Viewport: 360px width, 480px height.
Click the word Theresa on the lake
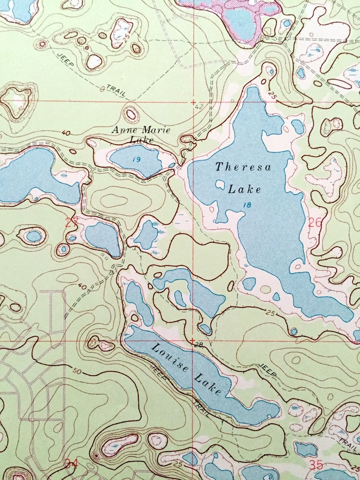(243, 167)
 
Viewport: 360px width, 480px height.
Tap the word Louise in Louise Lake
(168, 358)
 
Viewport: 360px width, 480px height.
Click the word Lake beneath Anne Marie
(141, 140)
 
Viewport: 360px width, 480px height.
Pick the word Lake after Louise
(208, 383)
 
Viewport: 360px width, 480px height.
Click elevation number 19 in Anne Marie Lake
(136, 160)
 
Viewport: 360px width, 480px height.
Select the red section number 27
(72, 222)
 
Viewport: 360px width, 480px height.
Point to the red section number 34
(71, 463)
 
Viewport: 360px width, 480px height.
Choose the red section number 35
(316, 464)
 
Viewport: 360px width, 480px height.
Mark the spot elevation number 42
(199, 107)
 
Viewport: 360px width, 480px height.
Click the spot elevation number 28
(199, 345)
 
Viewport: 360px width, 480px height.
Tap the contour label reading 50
(76, 372)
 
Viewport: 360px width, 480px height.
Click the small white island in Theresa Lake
(220, 184)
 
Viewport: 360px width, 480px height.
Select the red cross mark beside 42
(193, 102)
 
